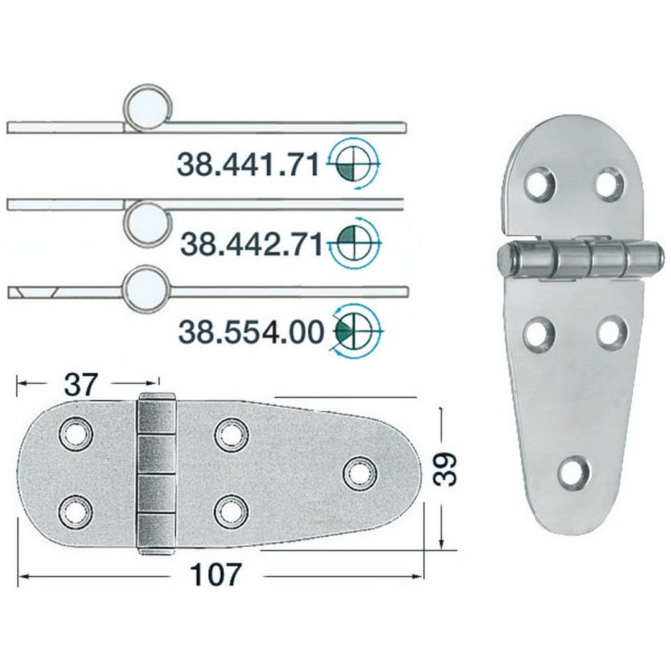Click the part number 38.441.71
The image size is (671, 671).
click(x=248, y=165)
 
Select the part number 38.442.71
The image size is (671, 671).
click(x=251, y=244)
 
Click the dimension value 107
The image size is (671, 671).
click(x=216, y=575)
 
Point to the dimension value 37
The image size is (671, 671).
click(x=81, y=384)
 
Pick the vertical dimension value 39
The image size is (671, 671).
click(x=444, y=470)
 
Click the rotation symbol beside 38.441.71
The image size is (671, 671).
click(x=354, y=163)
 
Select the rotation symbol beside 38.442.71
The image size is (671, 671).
click(x=354, y=242)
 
